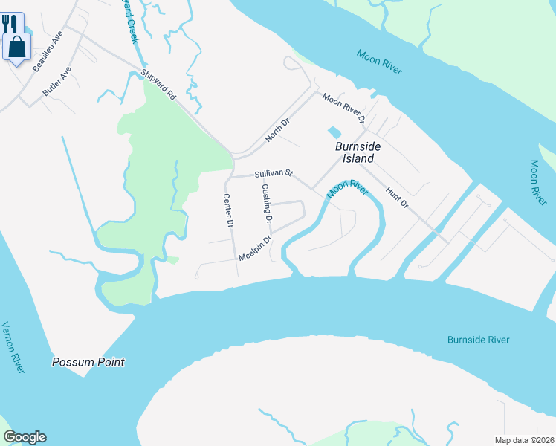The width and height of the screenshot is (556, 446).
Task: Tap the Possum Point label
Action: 88,362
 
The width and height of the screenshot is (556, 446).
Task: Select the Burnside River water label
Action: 478,340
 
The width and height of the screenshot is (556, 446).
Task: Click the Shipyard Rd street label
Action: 158,86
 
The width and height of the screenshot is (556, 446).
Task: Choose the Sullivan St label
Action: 274,173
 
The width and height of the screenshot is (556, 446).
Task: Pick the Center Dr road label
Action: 229,210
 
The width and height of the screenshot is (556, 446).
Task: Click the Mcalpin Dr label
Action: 255,248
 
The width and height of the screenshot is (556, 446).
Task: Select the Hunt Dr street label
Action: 398,197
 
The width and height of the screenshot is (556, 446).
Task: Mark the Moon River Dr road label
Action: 343,108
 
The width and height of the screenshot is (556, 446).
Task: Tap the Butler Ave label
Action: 56,83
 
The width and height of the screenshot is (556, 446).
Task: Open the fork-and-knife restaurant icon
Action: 10,24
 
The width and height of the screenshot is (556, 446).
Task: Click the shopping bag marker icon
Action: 17,47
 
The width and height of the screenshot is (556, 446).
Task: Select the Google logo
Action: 25,437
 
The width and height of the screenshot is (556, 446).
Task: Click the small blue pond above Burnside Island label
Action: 334,132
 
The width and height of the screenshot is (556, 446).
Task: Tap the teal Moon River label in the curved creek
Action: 347,189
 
